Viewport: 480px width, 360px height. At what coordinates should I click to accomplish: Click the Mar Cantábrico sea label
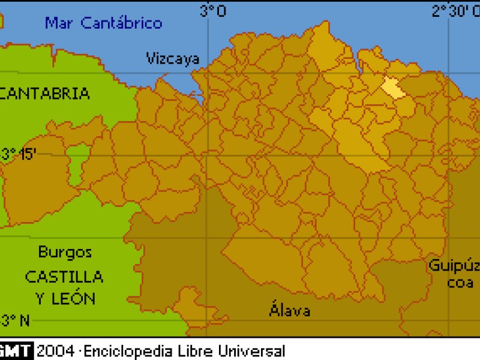click(104, 23)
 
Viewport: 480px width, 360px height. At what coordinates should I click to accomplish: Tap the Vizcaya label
click(173, 58)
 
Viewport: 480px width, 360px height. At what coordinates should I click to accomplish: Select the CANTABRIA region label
click(44, 94)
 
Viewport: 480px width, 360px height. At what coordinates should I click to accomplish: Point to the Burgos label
click(65, 252)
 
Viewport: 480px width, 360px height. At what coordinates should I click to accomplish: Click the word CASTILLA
click(64, 277)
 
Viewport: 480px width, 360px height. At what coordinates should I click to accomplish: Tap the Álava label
click(290, 310)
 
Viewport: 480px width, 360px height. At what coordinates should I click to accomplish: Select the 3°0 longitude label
click(212, 11)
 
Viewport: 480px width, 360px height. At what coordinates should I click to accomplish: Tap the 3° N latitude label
click(15, 320)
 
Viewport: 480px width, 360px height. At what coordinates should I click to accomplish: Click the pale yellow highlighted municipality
click(391, 88)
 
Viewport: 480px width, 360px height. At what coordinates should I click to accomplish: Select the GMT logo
click(16, 351)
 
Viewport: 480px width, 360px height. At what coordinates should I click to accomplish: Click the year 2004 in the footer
click(55, 351)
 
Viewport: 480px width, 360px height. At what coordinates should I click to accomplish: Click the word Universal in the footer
click(251, 351)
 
